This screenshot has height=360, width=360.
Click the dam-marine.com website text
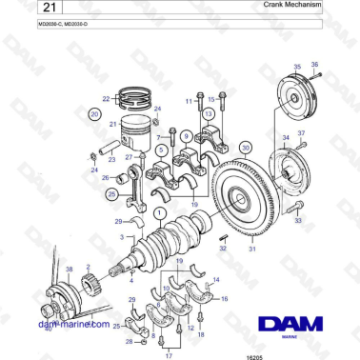coord(73,324)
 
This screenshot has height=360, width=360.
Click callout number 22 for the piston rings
coord(107,98)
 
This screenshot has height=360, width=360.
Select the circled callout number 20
coord(94,113)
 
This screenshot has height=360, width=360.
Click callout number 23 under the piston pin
coord(112,160)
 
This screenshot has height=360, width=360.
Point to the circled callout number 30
coord(246,148)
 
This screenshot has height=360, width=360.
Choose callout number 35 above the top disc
coord(296,68)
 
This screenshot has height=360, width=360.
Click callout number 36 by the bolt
coord(315,64)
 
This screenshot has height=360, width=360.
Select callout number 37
coord(302,133)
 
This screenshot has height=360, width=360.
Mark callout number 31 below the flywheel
coord(252,250)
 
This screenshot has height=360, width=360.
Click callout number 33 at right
coord(298,220)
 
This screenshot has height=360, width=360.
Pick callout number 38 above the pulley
coord(68,270)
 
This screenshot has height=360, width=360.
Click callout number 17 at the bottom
coord(169,355)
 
